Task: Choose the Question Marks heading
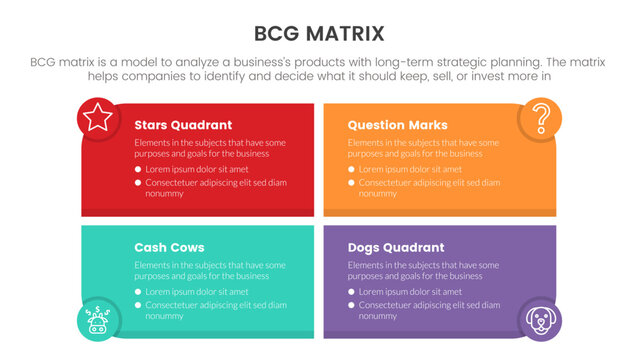click(x=397, y=126)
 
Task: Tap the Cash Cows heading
click(x=169, y=247)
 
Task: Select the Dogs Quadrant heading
click(x=395, y=247)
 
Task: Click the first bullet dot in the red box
click(x=138, y=170)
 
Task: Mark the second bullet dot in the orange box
click(x=351, y=182)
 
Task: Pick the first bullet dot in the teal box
click(x=138, y=292)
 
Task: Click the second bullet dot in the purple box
click(x=351, y=304)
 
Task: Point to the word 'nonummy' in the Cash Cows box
click(x=165, y=315)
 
